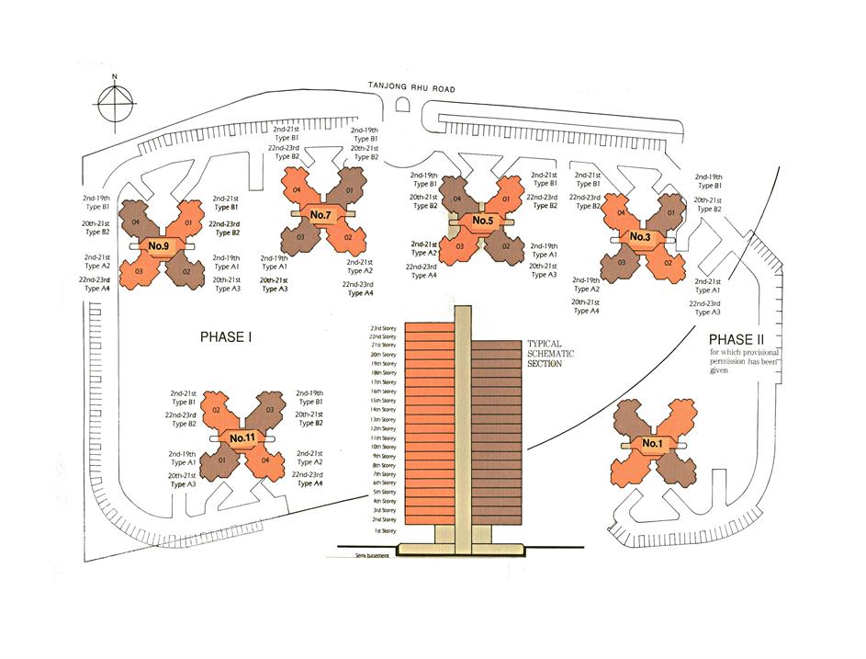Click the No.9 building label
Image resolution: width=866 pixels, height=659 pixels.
click(159, 246)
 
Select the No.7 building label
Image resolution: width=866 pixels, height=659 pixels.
click(321, 215)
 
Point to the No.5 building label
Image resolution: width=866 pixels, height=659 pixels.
click(483, 221)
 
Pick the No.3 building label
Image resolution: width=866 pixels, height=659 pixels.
click(640, 237)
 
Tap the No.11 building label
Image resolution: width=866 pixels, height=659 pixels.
click(242, 437)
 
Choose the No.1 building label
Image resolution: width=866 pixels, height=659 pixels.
click(652, 445)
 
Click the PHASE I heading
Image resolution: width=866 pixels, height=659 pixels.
click(226, 337)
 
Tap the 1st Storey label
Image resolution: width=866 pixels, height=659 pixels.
click(384, 531)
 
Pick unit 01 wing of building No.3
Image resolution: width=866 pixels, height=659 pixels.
click(669, 214)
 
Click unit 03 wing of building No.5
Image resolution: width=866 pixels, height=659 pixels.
click(455, 245)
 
